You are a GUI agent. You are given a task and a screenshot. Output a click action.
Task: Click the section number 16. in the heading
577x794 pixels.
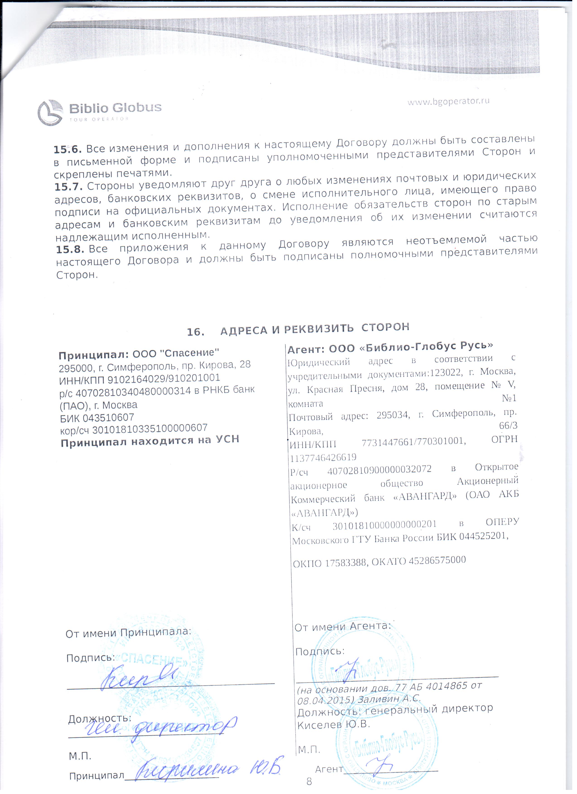point(196,332)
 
